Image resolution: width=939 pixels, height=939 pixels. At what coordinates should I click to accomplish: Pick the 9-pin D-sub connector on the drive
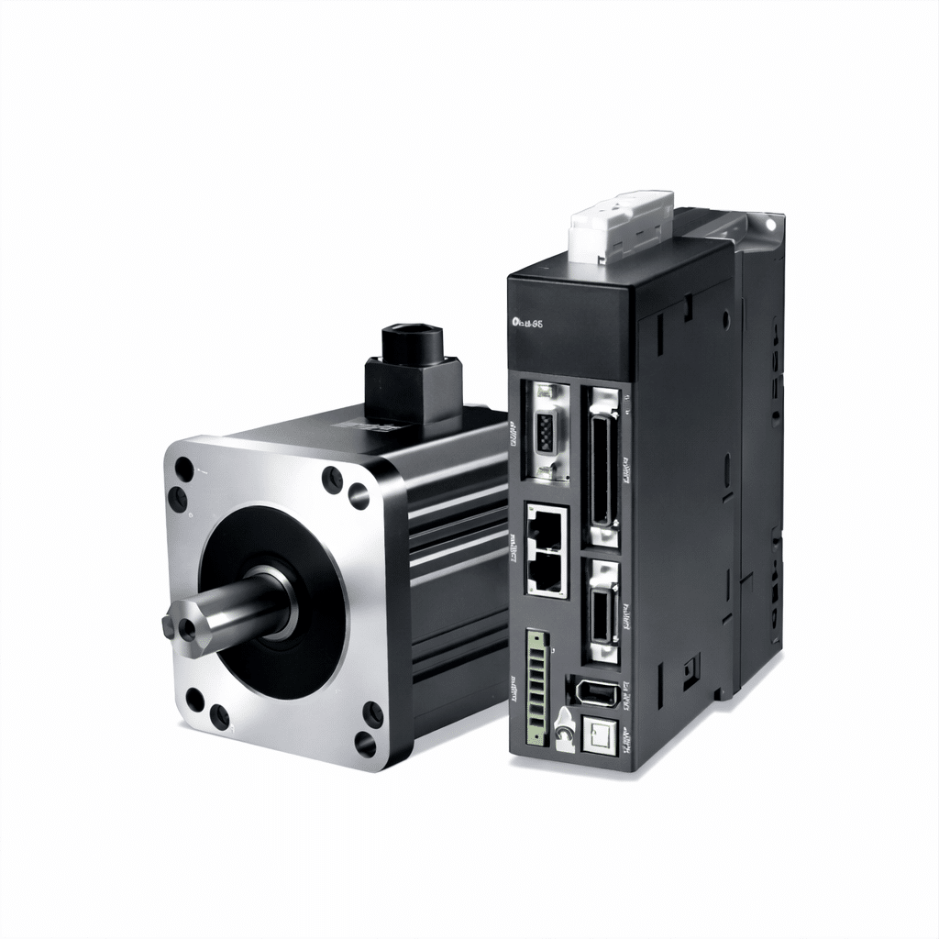point(547,430)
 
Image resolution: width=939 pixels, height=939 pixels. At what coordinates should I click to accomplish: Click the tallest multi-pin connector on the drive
point(602,462)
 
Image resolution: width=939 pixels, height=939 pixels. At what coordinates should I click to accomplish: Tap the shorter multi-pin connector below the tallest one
point(602,610)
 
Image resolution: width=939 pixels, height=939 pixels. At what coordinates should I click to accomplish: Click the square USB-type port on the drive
point(598,735)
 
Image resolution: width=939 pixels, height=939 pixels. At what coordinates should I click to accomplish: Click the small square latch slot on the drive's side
point(690,673)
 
